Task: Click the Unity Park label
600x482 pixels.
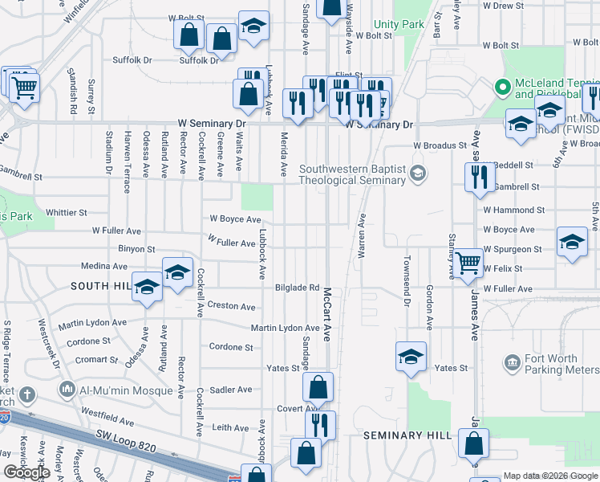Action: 399,25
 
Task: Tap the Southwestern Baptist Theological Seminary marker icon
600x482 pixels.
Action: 416,174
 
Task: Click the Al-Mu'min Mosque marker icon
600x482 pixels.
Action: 67,390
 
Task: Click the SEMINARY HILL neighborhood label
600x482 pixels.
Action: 403,435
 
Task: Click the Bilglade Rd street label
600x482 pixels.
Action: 297,288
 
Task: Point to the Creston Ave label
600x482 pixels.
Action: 231,306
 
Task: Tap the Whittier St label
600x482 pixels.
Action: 67,213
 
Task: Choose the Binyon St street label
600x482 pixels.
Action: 136,250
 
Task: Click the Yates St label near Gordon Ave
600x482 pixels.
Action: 451,368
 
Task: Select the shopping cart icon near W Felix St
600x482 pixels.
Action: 468,260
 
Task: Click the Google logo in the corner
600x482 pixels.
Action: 26,472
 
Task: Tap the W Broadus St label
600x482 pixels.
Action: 440,145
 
